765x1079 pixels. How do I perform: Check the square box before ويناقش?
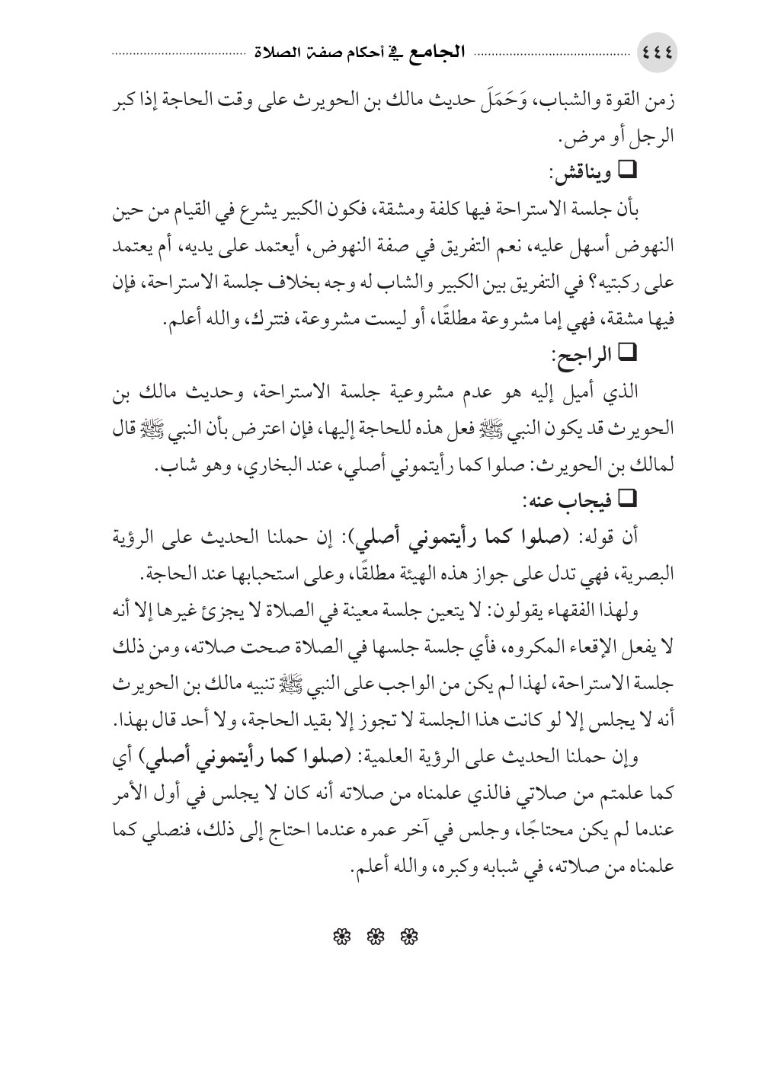click(x=630, y=174)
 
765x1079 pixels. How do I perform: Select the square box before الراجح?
click(x=630, y=353)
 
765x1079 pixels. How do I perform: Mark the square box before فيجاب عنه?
click(x=630, y=499)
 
